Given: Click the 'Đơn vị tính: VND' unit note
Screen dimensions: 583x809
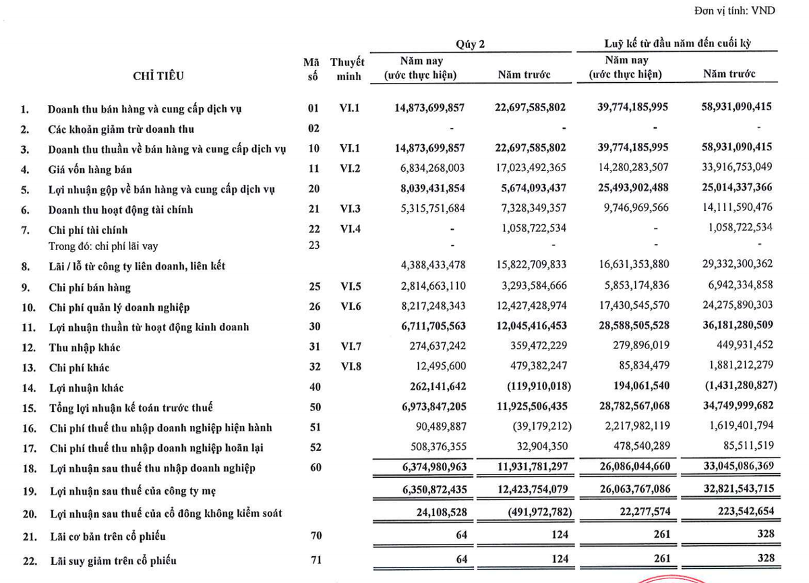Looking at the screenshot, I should pyautogui.click(x=733, y=11).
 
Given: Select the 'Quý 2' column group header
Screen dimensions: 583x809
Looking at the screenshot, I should pyautogui.click(x=470, y=44).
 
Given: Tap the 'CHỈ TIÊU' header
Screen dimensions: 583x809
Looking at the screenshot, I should pyautogui.click(x=158, y=76).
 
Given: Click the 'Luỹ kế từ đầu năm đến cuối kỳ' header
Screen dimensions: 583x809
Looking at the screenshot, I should pyautogui.click(x=677, y=44).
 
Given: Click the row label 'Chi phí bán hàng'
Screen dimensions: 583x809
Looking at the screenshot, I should pyautogui.click(x=89, y=288).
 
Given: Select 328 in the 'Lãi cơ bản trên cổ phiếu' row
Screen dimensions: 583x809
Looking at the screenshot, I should pyautogui.click(x=764, y=535).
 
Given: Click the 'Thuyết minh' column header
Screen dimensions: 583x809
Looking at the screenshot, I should pyautogui.click(x=349, y=69).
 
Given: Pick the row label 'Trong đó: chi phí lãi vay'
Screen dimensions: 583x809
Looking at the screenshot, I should pyautogui.click(x=103, y=246).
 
